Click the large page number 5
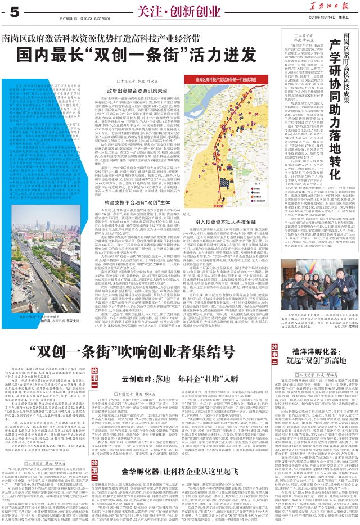coord(14,11)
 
